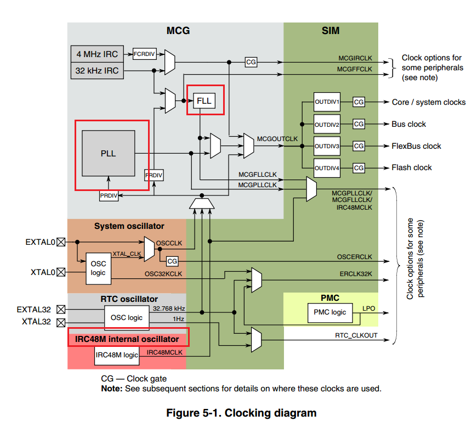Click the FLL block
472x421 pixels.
coord(204,100)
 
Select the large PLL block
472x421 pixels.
coord(108,153)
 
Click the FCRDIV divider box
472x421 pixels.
coord(144,54)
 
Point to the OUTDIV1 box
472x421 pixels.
coord(327,102)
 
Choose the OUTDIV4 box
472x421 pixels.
coord(327,167)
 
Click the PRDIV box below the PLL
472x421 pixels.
coord(109,195)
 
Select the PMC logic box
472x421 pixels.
coord(330,313)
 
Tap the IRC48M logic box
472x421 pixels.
coord(117,355)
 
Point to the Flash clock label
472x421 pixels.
coord(412,167)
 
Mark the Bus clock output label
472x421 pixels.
coord(408,124)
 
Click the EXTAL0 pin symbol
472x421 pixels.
coord(61,242)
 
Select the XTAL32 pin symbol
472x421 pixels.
coord(61,322)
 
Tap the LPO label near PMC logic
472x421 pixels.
coord(369,309)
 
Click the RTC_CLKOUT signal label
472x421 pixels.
coord(356,335)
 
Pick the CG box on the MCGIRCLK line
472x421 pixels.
coord(251,62)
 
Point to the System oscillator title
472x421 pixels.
coord(129,226)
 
